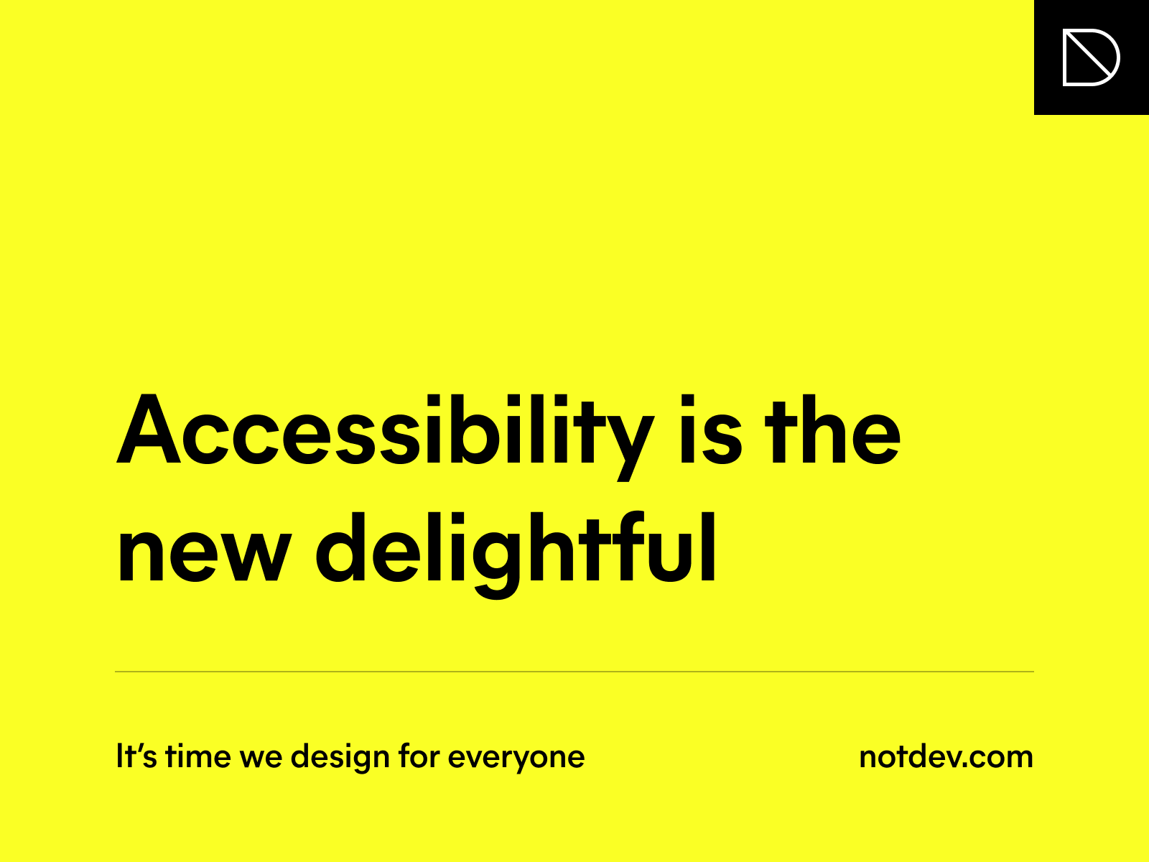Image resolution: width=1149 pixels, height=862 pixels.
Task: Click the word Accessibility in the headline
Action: (x=385, y=437)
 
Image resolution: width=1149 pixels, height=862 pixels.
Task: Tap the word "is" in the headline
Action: (x=710, y=429)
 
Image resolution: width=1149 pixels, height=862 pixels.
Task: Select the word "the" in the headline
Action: (x=832, y=429)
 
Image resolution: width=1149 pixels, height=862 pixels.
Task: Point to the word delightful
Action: (x=516, y=555)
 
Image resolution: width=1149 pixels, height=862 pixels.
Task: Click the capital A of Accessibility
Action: (x=149, y=429)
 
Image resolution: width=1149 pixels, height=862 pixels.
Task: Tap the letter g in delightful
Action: (x=496, y=566)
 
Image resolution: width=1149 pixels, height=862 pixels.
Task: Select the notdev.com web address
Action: (x=946, y=757)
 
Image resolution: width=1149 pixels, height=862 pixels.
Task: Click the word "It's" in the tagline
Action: (x=136, y=756)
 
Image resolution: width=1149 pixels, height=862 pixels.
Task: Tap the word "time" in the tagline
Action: (x=198, y=756)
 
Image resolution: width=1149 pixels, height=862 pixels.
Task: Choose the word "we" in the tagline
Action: (x=261, y=759)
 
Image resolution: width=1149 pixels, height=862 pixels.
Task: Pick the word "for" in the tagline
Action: (x=419, y=756)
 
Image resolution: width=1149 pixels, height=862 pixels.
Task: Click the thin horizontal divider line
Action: (x=574, y=671)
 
